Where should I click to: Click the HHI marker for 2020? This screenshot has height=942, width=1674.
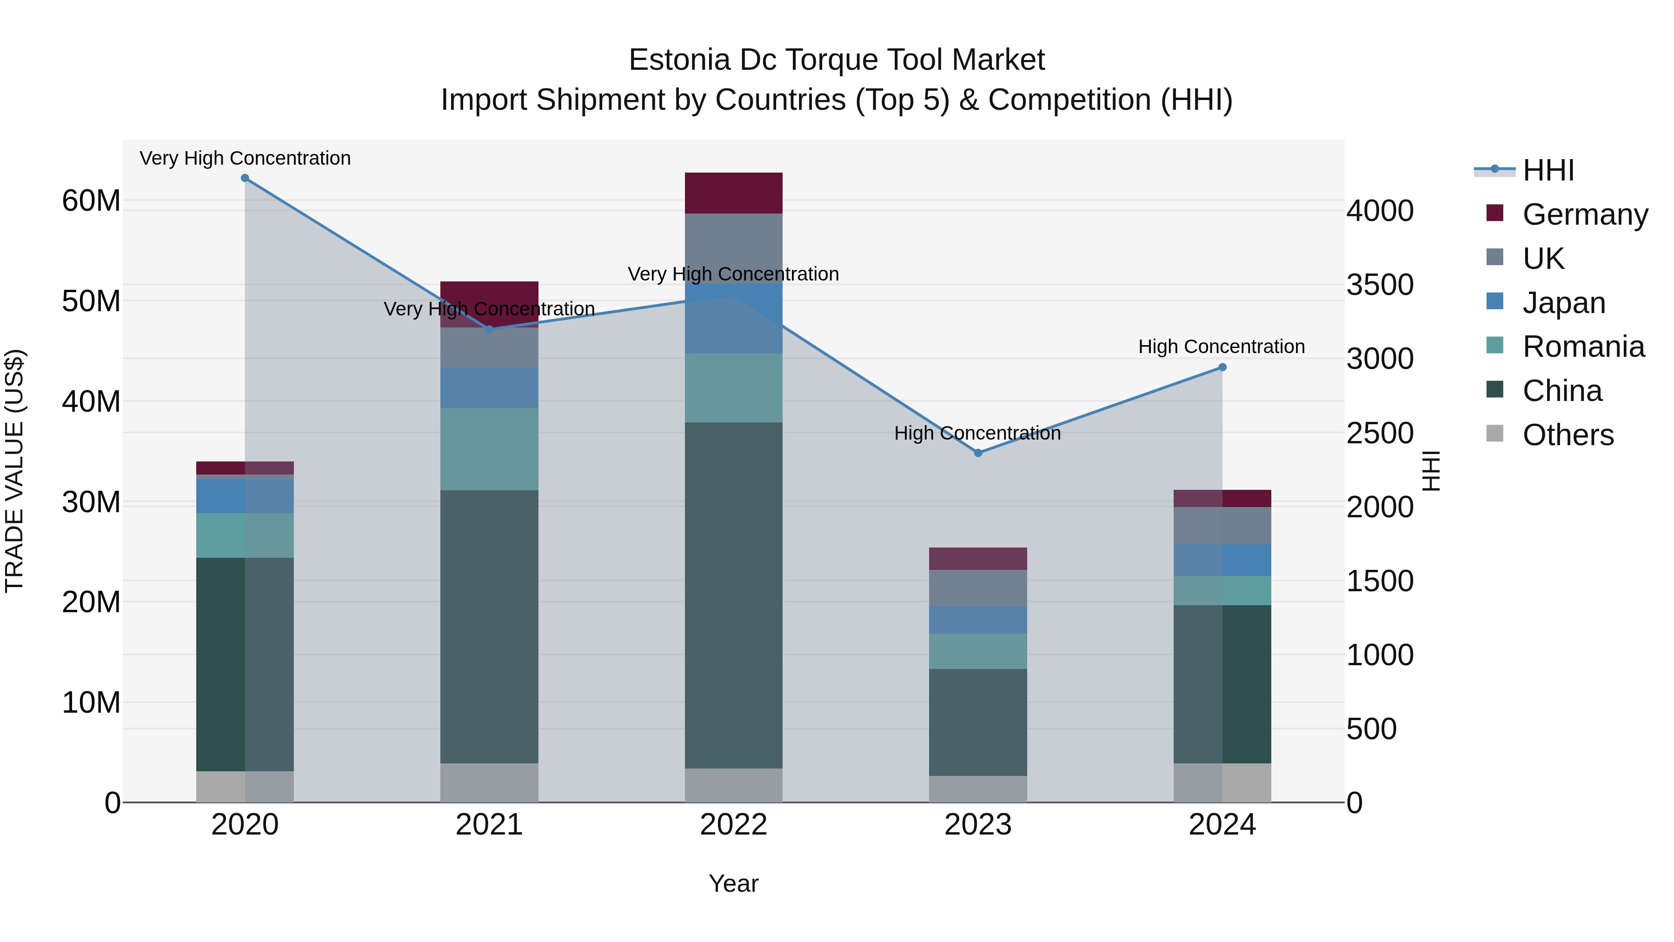245,178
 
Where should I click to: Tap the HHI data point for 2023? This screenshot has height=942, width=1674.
978,453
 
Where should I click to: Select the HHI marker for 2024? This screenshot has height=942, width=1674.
1222,367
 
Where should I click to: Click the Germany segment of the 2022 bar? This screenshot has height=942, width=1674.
734,193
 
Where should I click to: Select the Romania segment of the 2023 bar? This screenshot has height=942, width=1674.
978,651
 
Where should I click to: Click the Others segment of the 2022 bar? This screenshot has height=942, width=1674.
734,785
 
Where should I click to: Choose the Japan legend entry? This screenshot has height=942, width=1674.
1563,303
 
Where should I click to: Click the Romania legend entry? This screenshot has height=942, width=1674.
1583,347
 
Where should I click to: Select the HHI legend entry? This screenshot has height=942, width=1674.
1548,170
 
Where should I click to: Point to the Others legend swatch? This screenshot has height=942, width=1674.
1495,434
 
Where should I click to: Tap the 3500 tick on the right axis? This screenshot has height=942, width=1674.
1380,285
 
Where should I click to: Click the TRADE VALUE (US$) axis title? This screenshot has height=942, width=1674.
14,471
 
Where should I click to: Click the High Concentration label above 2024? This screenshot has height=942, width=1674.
1222,347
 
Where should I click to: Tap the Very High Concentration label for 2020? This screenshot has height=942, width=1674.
245,158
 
